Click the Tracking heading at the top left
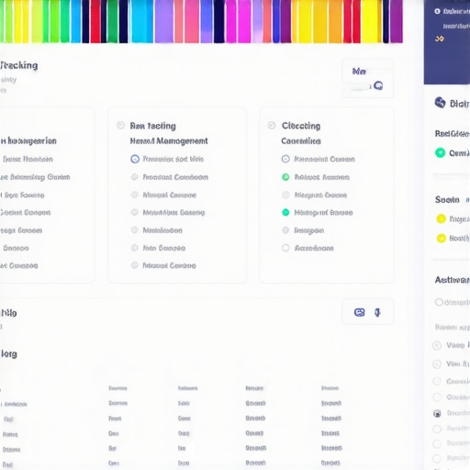18,66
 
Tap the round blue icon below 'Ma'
377,86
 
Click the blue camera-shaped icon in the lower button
359,312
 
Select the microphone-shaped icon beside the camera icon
378,312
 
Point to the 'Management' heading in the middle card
169,141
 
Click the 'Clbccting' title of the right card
300,126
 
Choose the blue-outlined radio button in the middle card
135,159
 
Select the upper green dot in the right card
285,177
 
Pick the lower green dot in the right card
285,212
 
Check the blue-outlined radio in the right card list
285,159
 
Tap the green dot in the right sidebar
441,152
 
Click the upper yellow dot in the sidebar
441,219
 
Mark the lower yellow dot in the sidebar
441,239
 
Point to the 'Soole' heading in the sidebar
447,199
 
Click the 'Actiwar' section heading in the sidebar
452,280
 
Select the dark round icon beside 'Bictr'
440,103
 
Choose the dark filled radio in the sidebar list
437,414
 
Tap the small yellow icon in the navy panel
440,39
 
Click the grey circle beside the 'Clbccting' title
272,126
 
